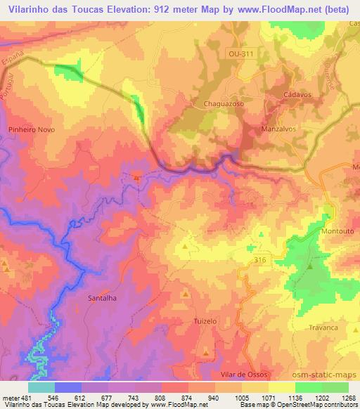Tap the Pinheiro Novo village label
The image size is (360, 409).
(x=30, y=129)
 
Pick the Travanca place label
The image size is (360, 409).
(x=323, y=327)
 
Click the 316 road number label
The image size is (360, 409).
(x=259, y=260)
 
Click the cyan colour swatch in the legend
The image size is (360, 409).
(x=41, y=387)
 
